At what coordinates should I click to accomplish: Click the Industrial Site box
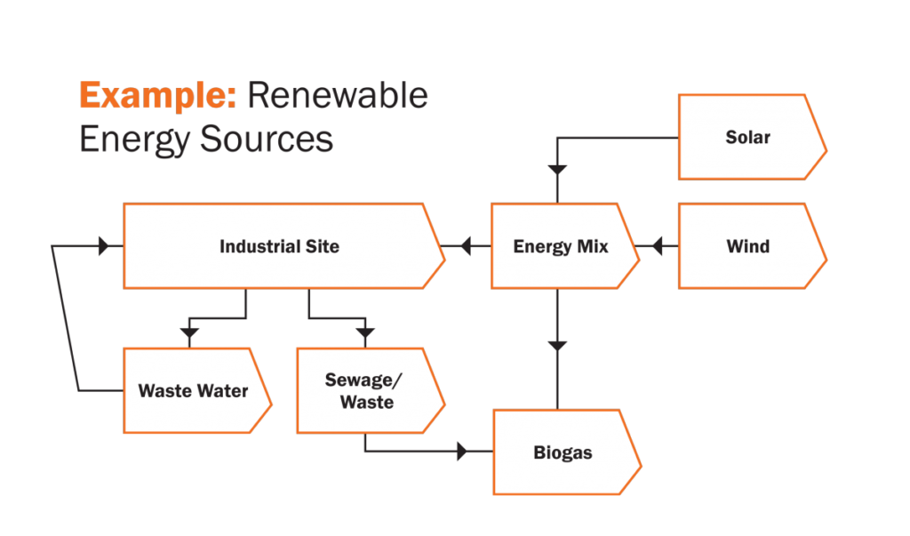[x=279, y=246]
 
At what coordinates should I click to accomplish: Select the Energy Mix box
[x=561, y=246]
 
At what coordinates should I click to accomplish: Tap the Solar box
[x=747, y=137]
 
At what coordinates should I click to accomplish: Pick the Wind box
[x=747, y=246]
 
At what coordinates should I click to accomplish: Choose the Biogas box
[x=563, y=452]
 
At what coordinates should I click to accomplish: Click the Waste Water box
[x=193, y=390]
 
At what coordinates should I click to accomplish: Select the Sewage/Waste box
[x=364, y=390]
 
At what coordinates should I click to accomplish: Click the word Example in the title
[x=157, y=95]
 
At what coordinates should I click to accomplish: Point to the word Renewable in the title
[x=338, y=95]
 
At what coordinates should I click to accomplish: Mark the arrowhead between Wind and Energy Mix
[x=657, y=246]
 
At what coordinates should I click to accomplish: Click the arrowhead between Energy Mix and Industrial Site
[x=462, y=246]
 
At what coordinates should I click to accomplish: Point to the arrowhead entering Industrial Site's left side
[x=104, y=246]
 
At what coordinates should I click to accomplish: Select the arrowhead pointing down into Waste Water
[x=188, y=333]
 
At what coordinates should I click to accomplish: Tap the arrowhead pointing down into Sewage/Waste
[x=365, y=333]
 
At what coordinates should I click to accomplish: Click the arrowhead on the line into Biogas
[x=462, y=452]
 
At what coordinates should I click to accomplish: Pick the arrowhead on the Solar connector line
[x=557, y=169]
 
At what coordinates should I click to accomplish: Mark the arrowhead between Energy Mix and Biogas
[x=557, y=346]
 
